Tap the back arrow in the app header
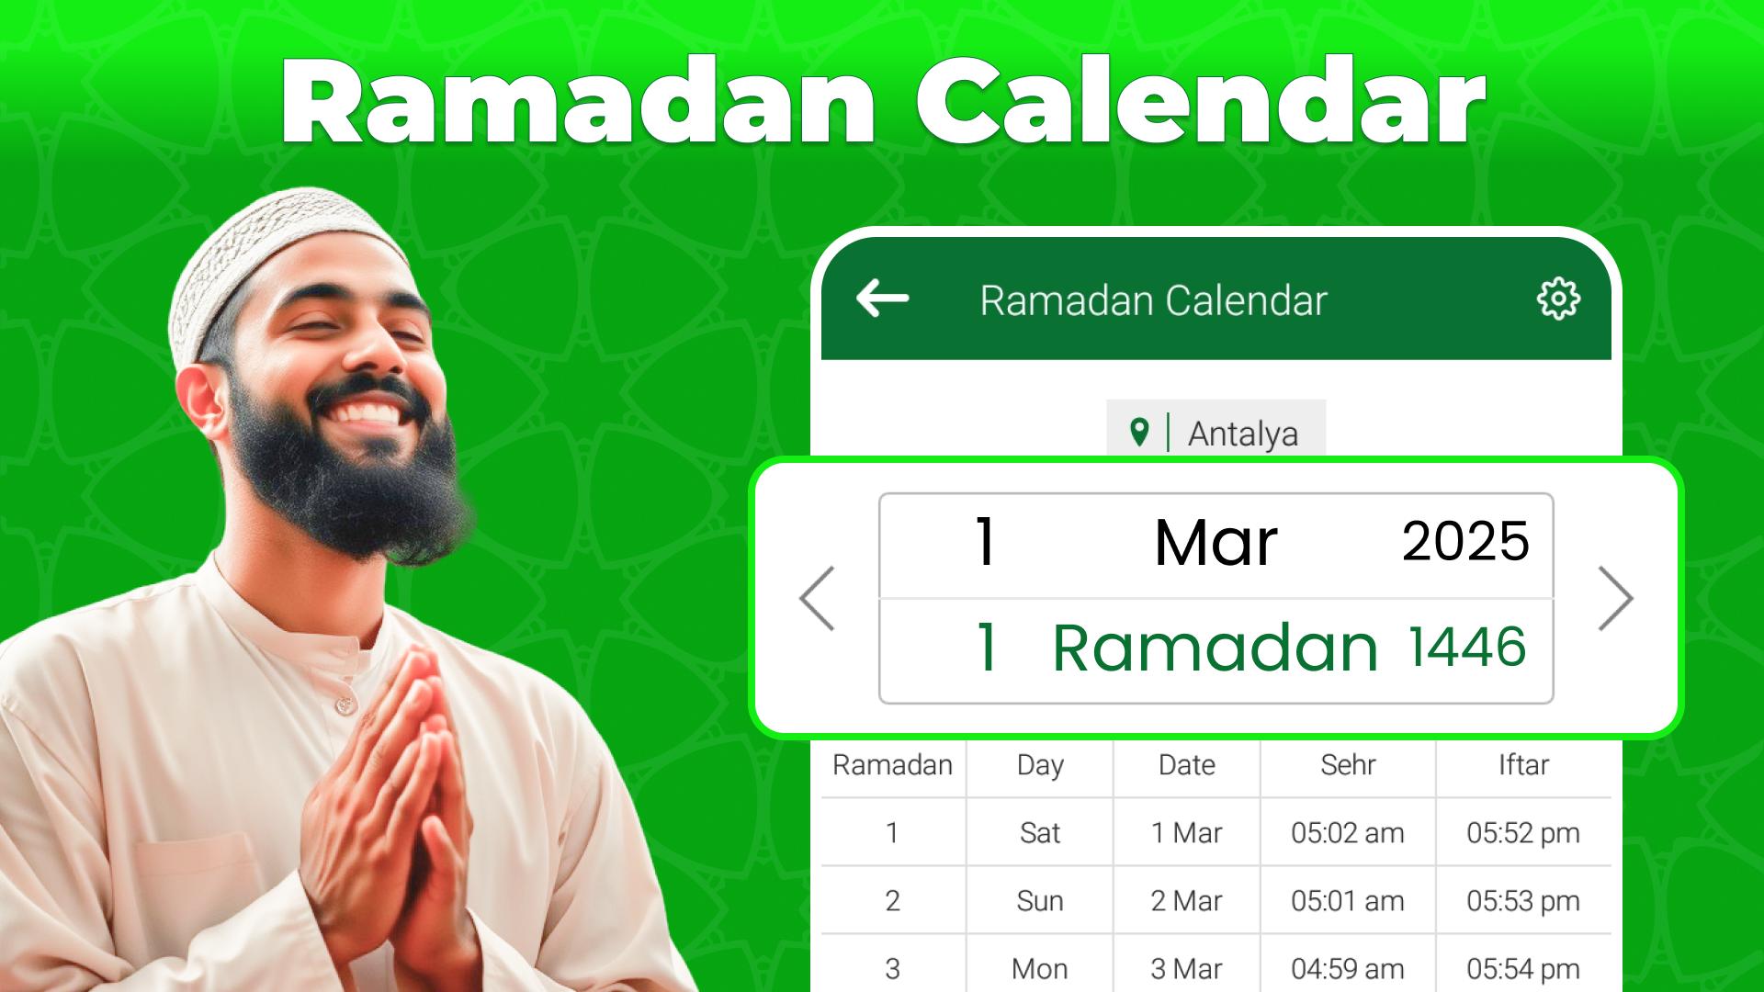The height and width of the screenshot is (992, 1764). click(882, 299)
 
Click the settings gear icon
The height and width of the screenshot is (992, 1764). click(1558, 299)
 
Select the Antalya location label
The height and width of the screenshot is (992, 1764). click(1242, 434)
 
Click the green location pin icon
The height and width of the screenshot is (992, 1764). click(1139, 432)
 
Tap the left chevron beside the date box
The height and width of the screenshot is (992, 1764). click(817, 598)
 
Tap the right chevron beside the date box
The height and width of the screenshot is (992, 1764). click(1615, 598)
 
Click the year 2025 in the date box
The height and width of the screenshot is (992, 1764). click(1465, 541)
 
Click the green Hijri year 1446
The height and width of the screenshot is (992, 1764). click(1467, 647)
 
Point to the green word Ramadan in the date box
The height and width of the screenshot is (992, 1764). click(1215, 648)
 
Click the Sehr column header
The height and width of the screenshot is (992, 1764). click(1348, 765)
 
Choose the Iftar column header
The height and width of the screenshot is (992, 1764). click(1523, 765)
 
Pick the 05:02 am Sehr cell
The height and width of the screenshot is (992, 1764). click(1348, 833)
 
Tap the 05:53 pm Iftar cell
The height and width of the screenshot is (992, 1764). click(1523, 901)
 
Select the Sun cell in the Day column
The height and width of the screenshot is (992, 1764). click(1040, 901)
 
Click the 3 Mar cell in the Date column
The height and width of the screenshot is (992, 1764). click(1186, 969)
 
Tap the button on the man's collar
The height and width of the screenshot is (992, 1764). click(345, 705)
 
